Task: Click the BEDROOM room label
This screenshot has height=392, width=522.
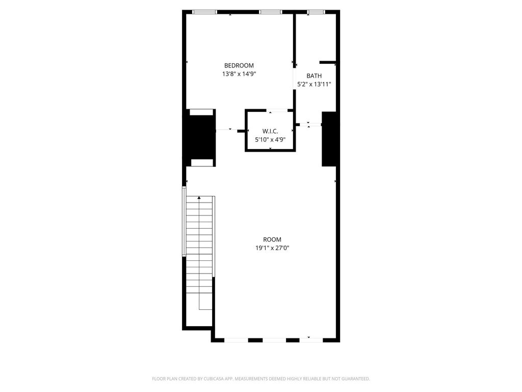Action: click(239, 66)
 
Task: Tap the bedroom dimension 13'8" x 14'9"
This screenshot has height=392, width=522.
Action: click(239, 74)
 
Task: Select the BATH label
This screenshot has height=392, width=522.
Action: click(314, 76)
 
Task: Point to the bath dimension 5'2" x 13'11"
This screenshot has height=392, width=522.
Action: click(314, 84)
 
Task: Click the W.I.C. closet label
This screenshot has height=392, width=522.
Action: click(270, 131)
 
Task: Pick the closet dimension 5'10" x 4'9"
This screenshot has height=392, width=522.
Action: click(270, 140)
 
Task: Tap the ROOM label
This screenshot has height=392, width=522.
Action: click(272, 240)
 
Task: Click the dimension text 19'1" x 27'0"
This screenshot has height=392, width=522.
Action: click(272, 248)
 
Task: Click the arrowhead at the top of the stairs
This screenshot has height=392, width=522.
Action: click(199, 198)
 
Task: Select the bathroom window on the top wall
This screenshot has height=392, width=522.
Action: click(316, 12)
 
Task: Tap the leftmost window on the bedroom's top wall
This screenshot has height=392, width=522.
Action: click(205, 12)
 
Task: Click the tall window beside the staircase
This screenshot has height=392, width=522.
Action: click(184, 222)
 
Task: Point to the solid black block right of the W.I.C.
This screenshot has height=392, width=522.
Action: click(329, 139)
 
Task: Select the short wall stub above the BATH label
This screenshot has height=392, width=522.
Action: click(328, 62)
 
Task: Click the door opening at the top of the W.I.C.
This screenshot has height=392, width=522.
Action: click(277, 110)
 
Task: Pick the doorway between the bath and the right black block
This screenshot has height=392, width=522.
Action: click(308, 125)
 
